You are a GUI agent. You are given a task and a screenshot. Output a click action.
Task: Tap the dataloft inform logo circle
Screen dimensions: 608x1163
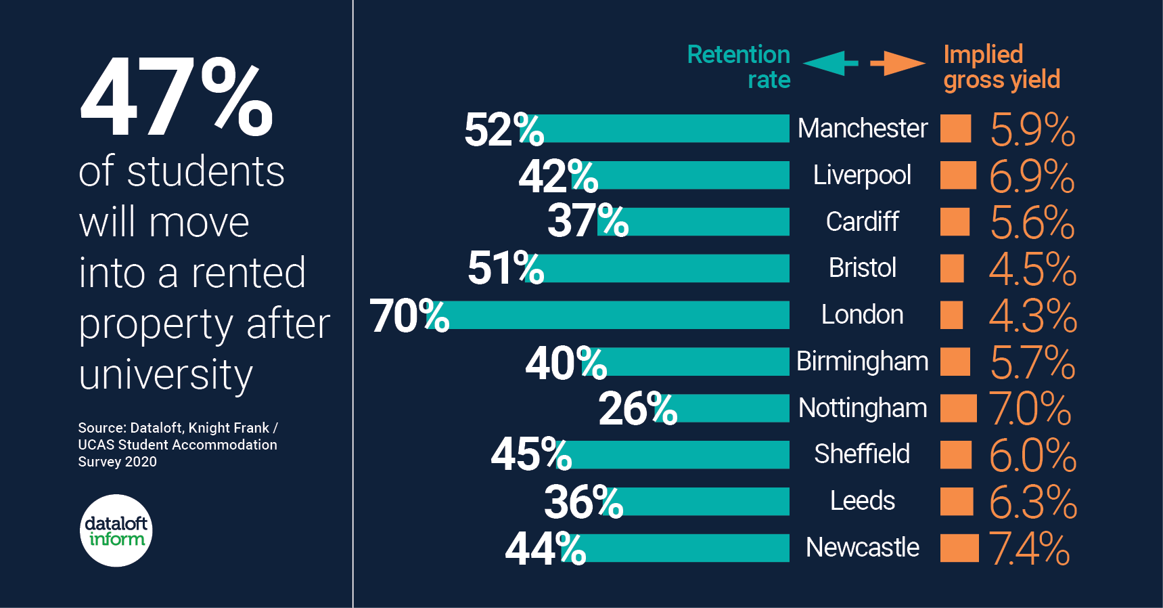116,531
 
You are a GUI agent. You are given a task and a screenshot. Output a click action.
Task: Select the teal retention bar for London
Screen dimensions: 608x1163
616,315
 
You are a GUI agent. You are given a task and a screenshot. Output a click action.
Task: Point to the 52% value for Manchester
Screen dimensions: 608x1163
503,129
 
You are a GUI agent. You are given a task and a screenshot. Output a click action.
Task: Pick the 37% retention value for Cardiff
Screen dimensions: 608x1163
587,221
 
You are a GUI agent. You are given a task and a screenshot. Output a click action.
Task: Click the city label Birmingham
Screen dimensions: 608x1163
862,362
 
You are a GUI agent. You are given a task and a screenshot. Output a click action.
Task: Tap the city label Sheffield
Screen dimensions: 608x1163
862,454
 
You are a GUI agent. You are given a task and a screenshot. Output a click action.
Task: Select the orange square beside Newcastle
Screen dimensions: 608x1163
959,548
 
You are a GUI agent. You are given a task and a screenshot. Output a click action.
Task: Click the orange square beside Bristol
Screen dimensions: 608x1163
952,268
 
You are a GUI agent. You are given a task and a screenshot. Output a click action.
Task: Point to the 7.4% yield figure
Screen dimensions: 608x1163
1029,548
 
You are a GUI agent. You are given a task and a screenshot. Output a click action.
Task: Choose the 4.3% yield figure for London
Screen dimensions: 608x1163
1032,316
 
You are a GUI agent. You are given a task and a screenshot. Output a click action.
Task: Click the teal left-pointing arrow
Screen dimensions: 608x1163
829,63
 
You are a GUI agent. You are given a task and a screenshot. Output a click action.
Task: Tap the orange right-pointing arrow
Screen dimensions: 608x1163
898,63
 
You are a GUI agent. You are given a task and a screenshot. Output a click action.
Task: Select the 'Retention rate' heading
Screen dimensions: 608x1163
739,66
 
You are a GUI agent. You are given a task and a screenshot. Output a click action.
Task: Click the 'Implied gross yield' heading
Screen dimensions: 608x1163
1001,66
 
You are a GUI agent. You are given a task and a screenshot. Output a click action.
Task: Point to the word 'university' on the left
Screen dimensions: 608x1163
166,375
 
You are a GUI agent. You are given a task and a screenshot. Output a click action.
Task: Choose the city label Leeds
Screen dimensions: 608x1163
862,501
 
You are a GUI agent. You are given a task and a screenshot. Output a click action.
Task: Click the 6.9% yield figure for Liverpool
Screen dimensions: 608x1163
1031,176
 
